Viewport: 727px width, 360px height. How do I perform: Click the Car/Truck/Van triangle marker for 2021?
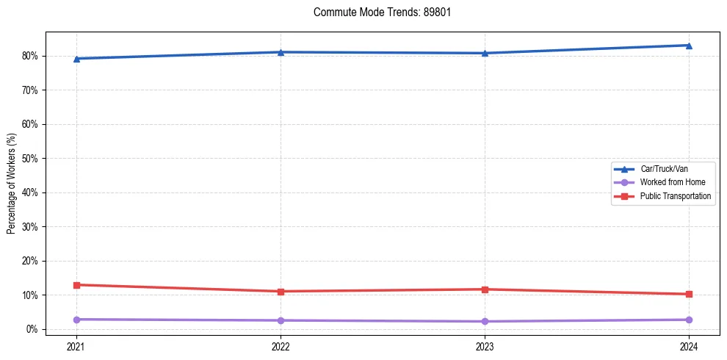76,59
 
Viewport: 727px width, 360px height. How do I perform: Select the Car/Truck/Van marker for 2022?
281,52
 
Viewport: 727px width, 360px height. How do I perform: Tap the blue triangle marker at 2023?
485,53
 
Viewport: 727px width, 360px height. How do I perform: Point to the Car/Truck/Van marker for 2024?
689,46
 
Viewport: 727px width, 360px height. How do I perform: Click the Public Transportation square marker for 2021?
76,285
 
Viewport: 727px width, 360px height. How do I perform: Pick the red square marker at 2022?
281,292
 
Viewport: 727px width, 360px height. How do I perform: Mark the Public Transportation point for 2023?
485,289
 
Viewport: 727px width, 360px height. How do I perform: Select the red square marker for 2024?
689,295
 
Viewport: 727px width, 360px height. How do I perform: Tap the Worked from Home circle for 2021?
76,320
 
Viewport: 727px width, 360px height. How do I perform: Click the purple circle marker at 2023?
485,322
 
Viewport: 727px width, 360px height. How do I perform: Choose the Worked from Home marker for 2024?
689,320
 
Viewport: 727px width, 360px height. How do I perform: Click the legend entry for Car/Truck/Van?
664,169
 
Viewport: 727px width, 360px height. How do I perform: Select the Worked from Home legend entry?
668,182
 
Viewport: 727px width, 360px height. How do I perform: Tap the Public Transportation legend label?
675,196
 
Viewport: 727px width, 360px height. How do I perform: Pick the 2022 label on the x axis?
281,346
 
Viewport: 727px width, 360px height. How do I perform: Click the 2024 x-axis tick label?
689,346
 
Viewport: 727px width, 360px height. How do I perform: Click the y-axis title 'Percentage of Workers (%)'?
11,184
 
